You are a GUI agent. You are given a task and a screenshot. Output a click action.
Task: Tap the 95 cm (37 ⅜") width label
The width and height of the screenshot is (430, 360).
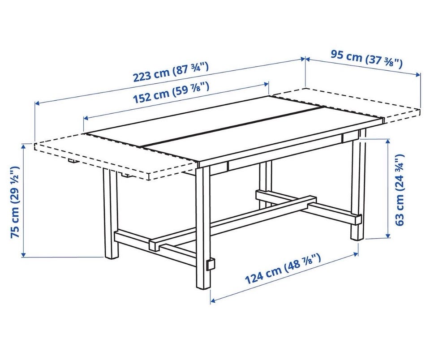(366, 59)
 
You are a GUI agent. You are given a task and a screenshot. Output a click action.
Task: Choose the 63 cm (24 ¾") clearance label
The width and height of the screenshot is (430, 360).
(400, 190)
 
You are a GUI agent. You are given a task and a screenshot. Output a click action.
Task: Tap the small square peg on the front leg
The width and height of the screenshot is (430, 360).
(211, 265)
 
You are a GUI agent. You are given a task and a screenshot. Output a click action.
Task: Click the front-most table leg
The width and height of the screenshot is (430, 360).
(203, 227)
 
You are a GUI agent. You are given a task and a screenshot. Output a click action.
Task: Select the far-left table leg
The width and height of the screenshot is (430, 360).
(111, 214)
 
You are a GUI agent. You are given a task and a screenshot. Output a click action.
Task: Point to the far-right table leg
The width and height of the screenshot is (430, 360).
(357, 186)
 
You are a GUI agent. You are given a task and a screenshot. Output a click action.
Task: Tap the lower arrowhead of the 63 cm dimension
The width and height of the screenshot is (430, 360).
(388, 236)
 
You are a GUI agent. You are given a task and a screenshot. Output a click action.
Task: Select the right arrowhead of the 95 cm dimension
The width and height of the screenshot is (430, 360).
(418, 74)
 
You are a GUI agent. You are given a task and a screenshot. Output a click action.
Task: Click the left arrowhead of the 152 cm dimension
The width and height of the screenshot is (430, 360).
(86, 118)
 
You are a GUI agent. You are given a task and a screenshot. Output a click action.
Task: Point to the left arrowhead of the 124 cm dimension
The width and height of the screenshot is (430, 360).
(212, 300)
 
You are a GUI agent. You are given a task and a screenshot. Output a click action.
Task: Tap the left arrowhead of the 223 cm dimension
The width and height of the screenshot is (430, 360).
(37, 103)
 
